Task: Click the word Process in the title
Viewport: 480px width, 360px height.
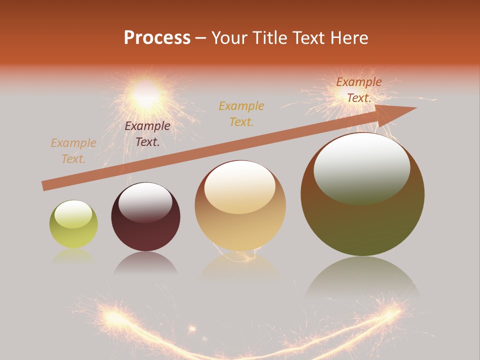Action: coord(157,38)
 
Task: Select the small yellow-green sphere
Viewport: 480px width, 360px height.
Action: coord(73,224)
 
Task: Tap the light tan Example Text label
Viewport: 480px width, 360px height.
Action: coord(73,151)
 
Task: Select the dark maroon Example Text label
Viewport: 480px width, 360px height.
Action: coord(147,134)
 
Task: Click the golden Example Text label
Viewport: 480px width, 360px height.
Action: coord(241,113)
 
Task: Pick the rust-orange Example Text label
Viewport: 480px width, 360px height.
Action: coord(358,90)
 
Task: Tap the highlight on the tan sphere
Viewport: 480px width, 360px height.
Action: coord(239,186)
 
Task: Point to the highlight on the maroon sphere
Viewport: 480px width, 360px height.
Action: coord(145,201)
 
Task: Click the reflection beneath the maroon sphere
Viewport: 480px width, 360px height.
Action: coord(145,263)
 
